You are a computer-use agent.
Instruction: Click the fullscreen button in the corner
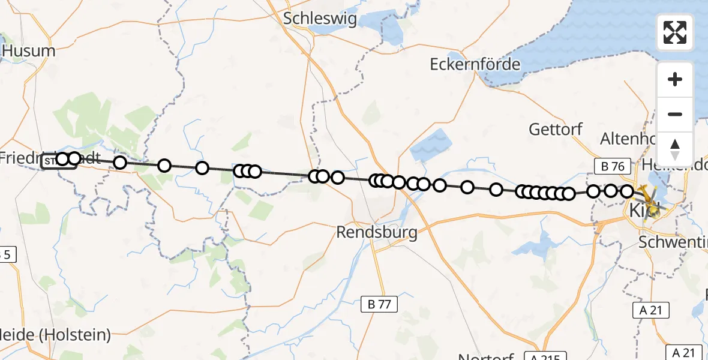(675, 32)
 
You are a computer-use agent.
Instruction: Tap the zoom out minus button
(675, 114)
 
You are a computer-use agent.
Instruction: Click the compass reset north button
(675, 149)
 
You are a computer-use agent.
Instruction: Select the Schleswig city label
(320, 19)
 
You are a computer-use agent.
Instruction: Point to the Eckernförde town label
(475, 64)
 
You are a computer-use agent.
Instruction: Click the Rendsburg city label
(377, 232)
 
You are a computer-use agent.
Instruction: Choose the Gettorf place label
(556, 128)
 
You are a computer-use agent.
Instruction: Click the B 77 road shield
(380, 305)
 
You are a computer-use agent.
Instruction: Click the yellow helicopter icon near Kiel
(650, 198)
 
